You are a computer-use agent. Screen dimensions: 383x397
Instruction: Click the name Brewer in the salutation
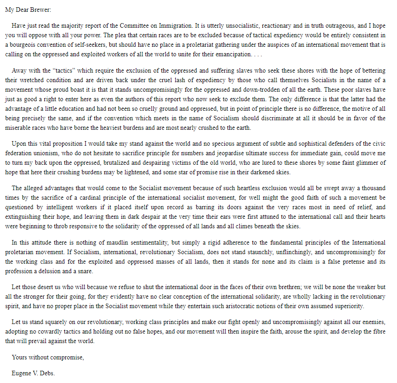pos(39,9)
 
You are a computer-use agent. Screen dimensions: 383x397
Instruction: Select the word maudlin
pos(101,243)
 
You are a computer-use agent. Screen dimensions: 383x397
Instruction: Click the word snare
pos(85,271)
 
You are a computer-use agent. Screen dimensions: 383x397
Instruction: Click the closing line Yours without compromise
pos(48,357)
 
